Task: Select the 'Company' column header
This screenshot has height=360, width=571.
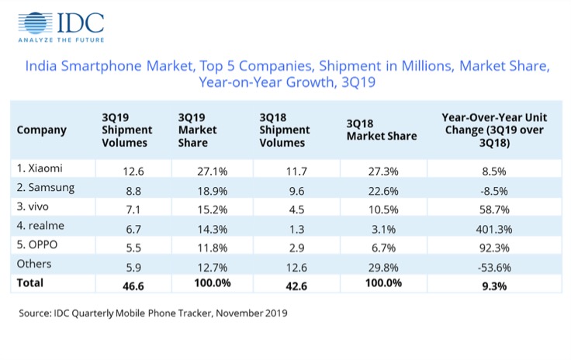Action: pos(41,130)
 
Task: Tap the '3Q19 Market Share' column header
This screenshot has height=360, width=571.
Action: pos(198,130)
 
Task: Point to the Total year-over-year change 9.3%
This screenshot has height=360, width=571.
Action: pos(486,285)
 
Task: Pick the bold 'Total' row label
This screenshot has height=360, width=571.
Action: pos(31,285)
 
